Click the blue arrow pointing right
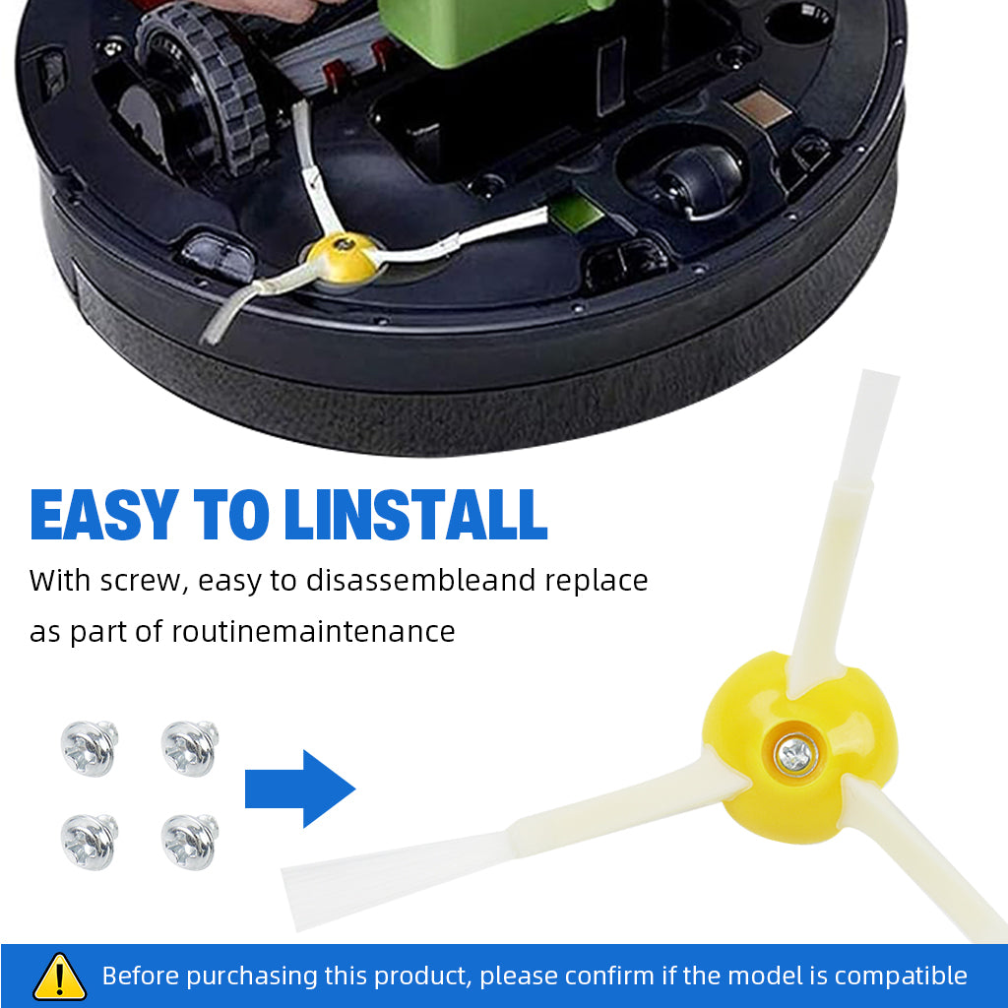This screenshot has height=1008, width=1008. click(x=299, y=788)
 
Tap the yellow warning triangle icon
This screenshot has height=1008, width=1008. click(x=59, y=977)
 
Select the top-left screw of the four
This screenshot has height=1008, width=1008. click(x=89, y=748)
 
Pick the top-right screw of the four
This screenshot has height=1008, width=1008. click(x=189, y=748)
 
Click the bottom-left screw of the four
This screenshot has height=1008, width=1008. click(x=89, y=843)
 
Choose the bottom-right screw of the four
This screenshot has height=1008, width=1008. click(x=189, y=843)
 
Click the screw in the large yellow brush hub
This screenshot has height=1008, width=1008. click(x=795, y=754)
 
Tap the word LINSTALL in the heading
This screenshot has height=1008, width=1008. click(x=415, y=514)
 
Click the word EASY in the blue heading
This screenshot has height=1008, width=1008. click(x=104, y=514)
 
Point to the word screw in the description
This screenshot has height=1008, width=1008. click(x=141, y=581)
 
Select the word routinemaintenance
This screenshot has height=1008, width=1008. click(x=313, y=631)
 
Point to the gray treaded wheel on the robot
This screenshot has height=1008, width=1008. click(x=203, y=90)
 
